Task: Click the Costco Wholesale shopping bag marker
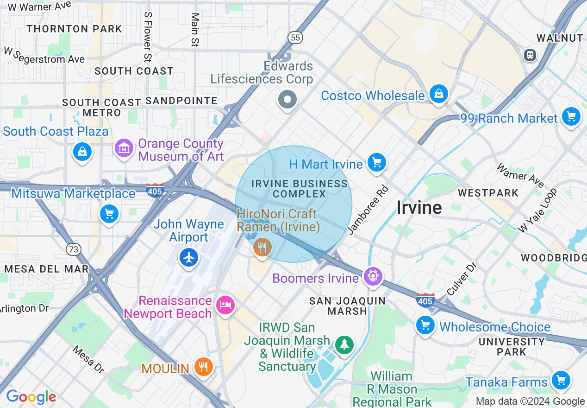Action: coord(438,94)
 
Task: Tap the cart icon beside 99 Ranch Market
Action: coord(571,116)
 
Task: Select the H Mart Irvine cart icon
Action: coord(376,163)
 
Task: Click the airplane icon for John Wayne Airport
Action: coord(188,257)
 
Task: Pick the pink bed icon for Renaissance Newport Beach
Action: coord(225,305)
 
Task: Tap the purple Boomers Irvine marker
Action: coord(373,277)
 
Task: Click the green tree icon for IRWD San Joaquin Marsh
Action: coord(344,344)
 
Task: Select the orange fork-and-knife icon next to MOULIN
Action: coord(203,367)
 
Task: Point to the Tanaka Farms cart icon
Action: coord(561,381)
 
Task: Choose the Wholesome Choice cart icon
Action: coord(425,325)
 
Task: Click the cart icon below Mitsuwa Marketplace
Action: coord(109,214)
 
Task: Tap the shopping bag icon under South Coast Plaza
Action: coord(82,152)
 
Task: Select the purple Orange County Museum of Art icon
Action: coord(124,148)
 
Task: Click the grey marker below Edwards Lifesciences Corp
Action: coord(287,99)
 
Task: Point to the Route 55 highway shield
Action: coord(295,38)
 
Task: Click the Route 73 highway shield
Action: coord(73,249)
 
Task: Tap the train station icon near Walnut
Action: coord(530,55)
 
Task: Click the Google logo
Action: coord(31,397)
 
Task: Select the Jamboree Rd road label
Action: coord(368,210)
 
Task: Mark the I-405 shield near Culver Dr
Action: coord(425,300)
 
